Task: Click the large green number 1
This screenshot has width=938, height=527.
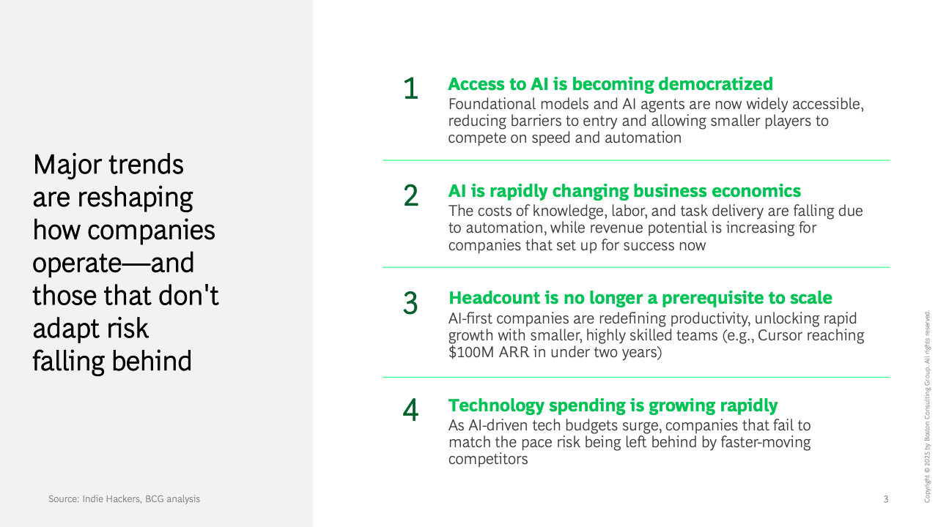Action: [411, 89]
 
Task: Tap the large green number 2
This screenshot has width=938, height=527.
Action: [411, 195]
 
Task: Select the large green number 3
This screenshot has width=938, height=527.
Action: [410, 303]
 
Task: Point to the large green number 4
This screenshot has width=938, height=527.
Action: [410, 410]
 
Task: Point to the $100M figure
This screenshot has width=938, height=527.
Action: [471, 352]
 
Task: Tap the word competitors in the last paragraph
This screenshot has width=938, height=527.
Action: [488, 459]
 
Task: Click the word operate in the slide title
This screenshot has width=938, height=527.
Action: [77, 263]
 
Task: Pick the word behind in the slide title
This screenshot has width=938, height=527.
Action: [152, 361]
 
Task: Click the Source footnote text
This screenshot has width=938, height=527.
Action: [124, 498]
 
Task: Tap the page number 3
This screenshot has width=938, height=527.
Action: [886, 499]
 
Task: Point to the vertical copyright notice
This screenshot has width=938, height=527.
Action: [927, 406]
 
